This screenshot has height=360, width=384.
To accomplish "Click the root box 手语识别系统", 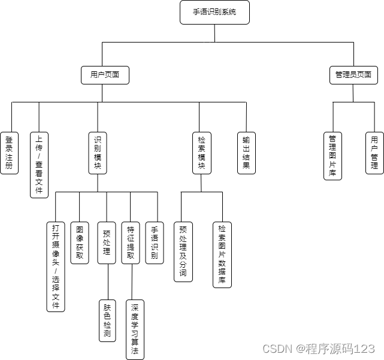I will point(214,12).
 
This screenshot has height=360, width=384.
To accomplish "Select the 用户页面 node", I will point(105,75).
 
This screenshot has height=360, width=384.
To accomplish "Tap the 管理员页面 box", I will point(353,75).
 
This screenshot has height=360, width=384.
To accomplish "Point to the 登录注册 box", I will point(9,153).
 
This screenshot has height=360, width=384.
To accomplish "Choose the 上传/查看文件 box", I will point(39,165).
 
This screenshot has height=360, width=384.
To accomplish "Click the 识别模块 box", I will point(98,153).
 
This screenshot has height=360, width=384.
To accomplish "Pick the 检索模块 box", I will point(202,153).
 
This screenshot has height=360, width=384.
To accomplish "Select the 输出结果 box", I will point(246,153).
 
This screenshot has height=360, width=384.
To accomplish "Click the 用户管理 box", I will point(374,153).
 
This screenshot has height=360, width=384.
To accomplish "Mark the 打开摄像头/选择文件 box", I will point(56,267).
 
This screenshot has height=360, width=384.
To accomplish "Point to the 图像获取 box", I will point(80,243).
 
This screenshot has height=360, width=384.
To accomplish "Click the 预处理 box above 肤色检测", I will point(107,243).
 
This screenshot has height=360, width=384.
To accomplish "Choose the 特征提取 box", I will point(131,243).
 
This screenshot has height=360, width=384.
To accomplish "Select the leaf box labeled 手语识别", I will point(155,243).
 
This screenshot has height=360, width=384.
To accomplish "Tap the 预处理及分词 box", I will point(183,252).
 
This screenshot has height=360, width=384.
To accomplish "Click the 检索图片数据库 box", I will point(222,255).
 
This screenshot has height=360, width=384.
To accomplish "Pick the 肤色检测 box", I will point(107,320).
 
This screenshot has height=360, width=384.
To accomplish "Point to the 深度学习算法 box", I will point(135,329).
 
